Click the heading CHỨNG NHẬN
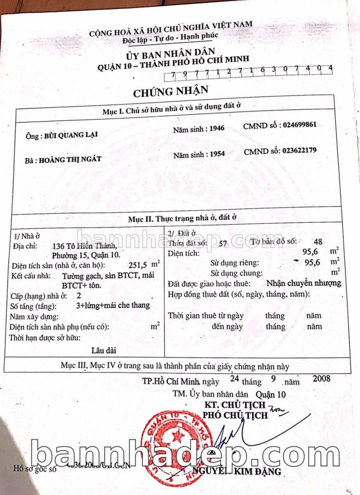click(170, 90)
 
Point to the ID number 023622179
click(300, 151)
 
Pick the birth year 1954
click(217, 154)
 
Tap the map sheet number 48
click(318, 242)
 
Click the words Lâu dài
click(104, 350)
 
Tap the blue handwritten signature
click(253, 434)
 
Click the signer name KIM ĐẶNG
click(258, 471)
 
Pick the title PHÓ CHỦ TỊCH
click(234, 415)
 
